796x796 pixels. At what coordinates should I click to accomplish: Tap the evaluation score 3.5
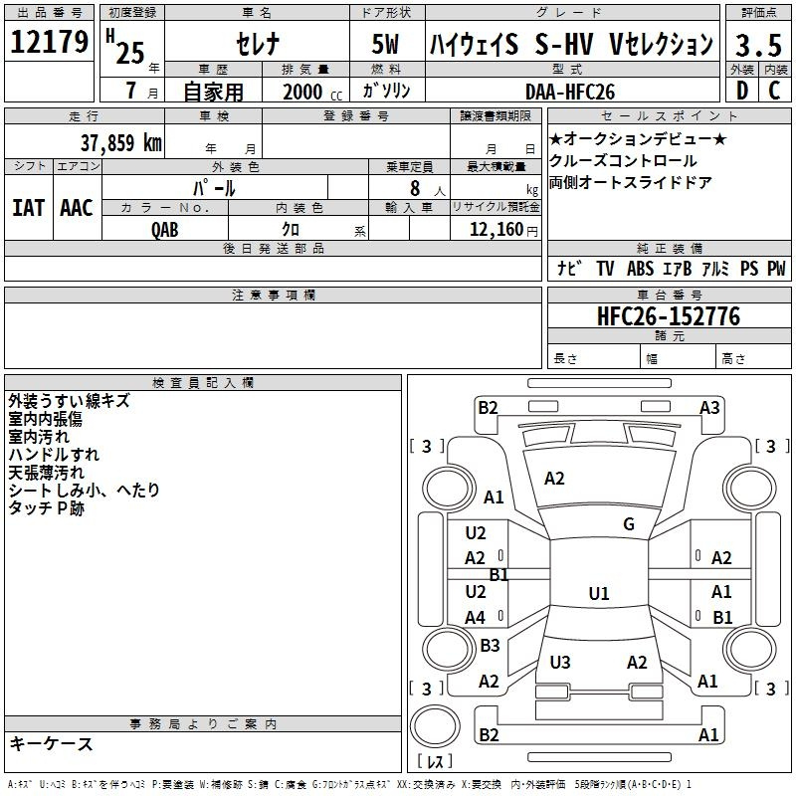(758, 44)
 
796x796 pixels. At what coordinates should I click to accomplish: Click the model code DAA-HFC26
(570, 91)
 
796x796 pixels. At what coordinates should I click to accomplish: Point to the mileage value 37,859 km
(120, 142)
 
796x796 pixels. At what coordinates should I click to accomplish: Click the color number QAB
(165, 230)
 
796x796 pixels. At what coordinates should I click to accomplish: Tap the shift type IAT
(28, 208)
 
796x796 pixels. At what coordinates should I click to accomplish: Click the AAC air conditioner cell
(77, 208)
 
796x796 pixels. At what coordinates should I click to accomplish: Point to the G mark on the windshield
(629, 524)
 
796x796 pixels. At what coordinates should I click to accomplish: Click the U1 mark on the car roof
(599, 594)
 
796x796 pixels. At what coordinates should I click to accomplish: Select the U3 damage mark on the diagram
(560, 662)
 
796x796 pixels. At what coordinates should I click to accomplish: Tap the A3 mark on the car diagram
(709, 407)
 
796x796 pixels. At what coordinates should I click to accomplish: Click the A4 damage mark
(476, 618)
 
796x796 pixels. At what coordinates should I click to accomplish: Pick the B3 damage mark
(490, 646)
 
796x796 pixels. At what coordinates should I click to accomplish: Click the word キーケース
(52, 743)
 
